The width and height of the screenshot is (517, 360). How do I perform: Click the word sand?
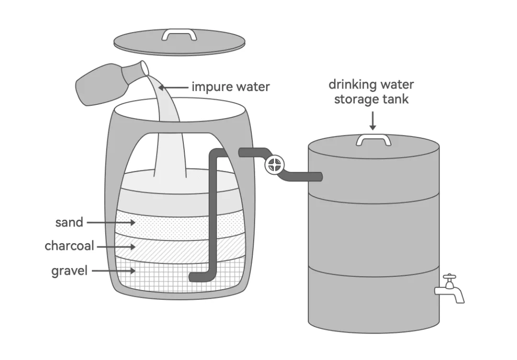click(69, 223)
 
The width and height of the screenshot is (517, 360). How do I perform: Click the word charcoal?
click(69, 246)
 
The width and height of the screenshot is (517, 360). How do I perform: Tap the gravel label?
click(69, 271)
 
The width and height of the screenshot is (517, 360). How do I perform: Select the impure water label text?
click(230, 87)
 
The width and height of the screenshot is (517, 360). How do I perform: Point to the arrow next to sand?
click(111, 223)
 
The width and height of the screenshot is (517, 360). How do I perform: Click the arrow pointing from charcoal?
click(116, 247)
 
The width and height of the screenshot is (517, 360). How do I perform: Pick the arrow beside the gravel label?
click(113, 271)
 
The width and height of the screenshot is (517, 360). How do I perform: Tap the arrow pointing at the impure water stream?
click(173, 88)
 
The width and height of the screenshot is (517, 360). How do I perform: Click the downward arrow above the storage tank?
click(372, 121)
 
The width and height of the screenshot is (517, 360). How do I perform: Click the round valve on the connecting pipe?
click(274, 165)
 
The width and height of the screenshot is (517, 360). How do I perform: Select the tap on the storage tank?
click(450, 289)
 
